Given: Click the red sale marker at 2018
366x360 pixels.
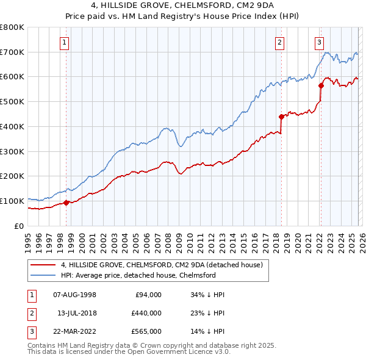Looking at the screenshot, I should coord(281,117).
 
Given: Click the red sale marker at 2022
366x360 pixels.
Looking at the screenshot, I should coord(321,86).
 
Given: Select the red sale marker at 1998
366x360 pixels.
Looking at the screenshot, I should coord(66,203).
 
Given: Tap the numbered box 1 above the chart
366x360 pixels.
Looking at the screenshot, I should coord(65,42).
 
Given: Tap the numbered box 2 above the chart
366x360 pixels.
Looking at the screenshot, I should coord(279,42).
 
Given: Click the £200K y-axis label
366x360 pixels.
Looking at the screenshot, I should coord(12,176).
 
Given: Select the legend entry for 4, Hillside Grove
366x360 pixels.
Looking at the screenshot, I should coord(161,265).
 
